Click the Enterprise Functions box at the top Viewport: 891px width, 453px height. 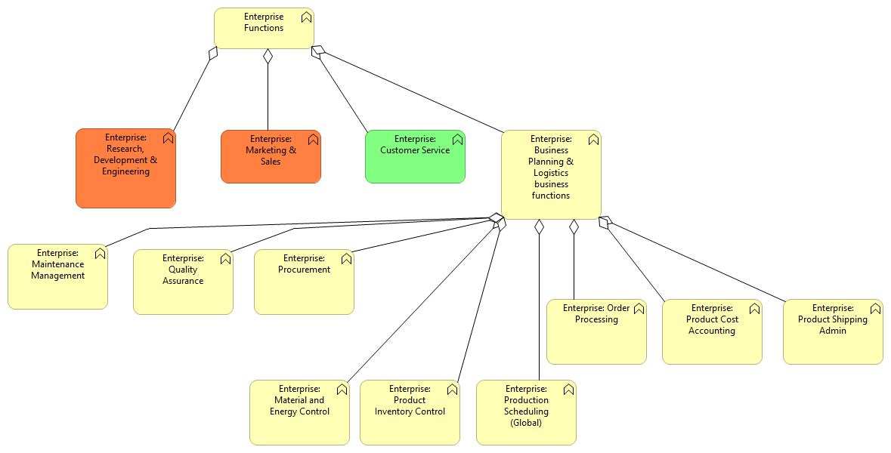coord(264,29)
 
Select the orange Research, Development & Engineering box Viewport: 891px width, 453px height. coord(125,168)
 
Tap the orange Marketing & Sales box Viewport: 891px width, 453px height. coord(271,156)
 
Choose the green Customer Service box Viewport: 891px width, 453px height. coord(415,156)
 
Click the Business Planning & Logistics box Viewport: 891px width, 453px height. coord(551,174)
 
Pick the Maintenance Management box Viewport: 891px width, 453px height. coord(57,276)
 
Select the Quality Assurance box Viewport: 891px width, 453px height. coord(183,282)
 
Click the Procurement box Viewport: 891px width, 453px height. coord(304,282)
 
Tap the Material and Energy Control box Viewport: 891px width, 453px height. coord(299,412)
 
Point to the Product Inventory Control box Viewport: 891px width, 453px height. coord(410,412)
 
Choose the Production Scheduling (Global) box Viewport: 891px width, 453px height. coord(526,412)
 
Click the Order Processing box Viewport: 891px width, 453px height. coord(596,331)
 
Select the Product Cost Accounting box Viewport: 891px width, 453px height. coord(712,331)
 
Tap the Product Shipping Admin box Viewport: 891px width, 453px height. coord(833,331)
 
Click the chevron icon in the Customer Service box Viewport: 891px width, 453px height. coord(457,140)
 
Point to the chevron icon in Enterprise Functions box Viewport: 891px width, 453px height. coord(306,17)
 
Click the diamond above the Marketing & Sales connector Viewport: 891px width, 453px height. coord(268,56)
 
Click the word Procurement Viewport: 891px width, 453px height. coord(304,270)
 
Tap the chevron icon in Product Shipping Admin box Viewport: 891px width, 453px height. coord(875,309)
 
